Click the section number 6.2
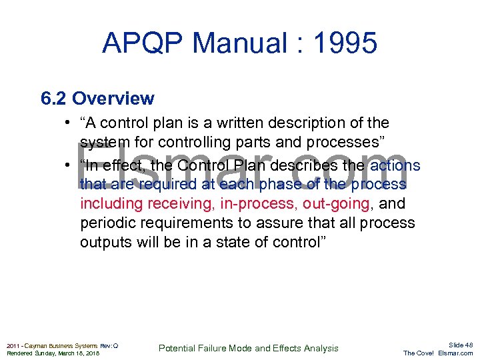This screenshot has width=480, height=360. click(53, 99)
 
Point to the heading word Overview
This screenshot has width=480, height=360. click(113, 99)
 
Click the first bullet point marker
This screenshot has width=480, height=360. click(69, 123)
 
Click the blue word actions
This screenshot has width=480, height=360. click(395, 165)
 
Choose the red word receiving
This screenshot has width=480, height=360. click(179, 203)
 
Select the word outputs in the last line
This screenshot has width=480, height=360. click(107, 242)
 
